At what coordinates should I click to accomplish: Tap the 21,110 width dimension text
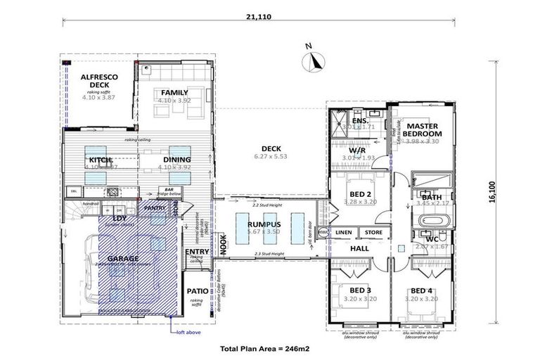tap(261, 9)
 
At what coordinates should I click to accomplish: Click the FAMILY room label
tap(174, 92)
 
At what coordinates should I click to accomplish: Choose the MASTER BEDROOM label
tap(423, 129)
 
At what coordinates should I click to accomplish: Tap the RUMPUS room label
tap(264, 224)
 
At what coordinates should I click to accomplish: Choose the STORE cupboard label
tap(373, 232)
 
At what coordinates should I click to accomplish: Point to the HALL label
tap(360, 248)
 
